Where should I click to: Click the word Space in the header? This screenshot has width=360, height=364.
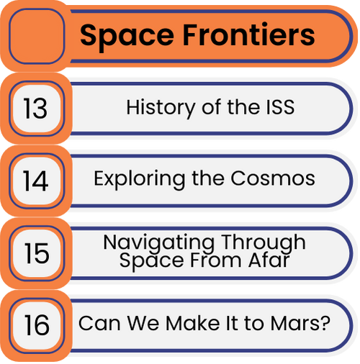[127, 37]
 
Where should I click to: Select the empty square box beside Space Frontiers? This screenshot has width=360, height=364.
[37, 36]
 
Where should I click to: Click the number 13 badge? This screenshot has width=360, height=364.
[37, 109]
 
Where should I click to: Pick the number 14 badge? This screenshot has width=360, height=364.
[37, 181]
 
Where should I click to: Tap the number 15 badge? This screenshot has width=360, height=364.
[37, 253]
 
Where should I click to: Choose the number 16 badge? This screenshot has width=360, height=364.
[37, 325]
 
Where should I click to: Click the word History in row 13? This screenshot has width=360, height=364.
[161, 108]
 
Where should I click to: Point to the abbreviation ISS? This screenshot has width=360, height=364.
[280, 107]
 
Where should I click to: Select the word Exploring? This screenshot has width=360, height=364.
[139, 180]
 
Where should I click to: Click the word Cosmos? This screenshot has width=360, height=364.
[273, 178]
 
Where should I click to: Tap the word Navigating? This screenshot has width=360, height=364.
[158, 244]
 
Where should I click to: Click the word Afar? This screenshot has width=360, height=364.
[269, 260]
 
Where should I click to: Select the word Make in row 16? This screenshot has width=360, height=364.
[193, 324]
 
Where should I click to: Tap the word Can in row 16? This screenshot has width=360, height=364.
[99, 324]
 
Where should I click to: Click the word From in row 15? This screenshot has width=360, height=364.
[215, 260]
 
